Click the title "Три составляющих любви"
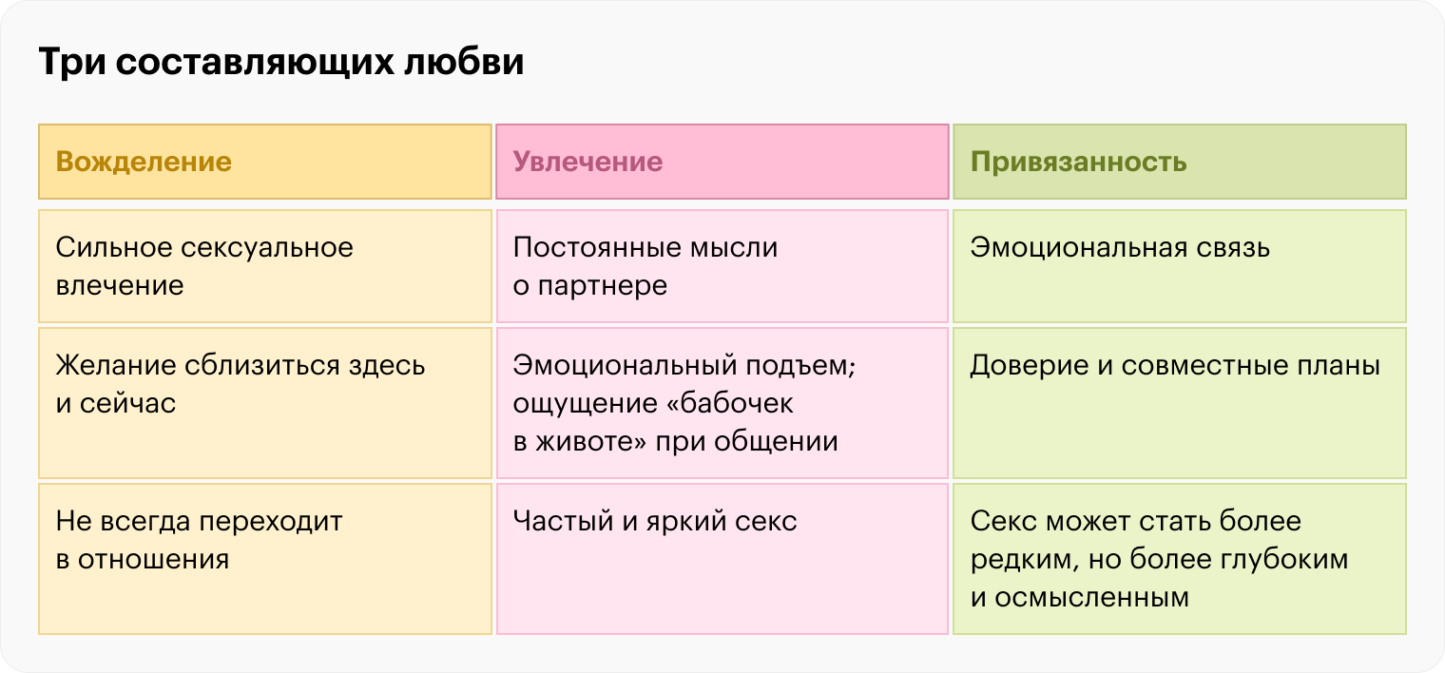[281, 63]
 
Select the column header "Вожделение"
[265, 162]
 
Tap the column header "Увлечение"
[722, 162]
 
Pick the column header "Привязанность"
[1179, 162]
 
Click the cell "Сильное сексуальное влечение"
[265, 266]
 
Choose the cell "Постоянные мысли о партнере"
[722, 266]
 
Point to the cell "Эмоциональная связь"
[1179, 266]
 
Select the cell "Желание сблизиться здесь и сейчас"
[265, 403]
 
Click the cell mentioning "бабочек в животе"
[722, 403]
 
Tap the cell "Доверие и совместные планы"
[1179, 403]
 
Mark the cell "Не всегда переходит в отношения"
[265, 559]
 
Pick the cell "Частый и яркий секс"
[722, 559]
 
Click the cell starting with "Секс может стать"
[1179, 559]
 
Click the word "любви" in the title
[464, 62]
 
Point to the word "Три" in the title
[72, 63]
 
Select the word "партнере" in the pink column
[603, 286]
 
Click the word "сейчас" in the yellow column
[127, 404]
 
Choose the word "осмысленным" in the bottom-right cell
[1091, 598]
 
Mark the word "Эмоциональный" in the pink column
[625, 365]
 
